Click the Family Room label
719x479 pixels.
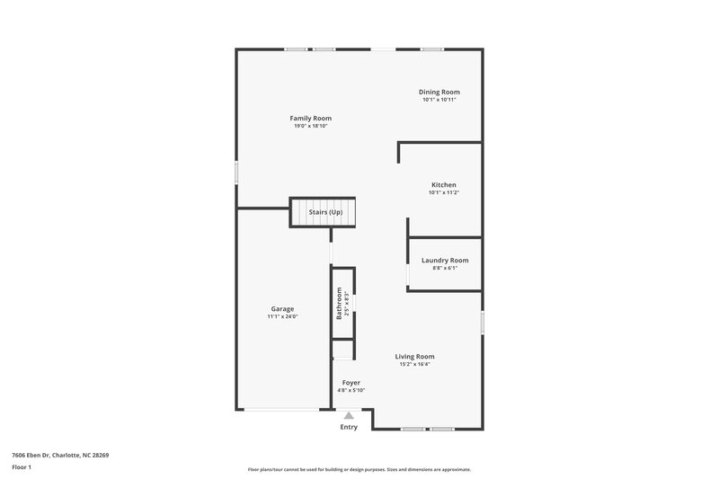click(x=310, y=119)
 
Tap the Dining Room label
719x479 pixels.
click(x=439, y=92)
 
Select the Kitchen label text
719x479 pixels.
click(x=443, y=185)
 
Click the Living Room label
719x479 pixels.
click(x=414, y=357)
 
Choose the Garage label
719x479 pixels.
click(x=282, y=309)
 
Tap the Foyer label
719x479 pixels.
click(x=351, y=383)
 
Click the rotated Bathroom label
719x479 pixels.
click(x=340, y=303)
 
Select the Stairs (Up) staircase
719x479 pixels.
click(x=322, y=212)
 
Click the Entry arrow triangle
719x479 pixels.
click(x=349, y=415)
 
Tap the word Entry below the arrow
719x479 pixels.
click(x=349, y=427)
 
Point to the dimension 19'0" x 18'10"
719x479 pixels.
click(x=310, y=127)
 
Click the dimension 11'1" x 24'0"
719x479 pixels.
click(x=282, y=317)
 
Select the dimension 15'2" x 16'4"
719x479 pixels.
click(x=414, y=365)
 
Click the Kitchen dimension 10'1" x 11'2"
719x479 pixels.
click(x=443, y=193)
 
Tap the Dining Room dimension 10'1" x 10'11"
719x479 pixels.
click(x=439, y=100)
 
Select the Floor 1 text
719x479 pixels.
click(x=22, y=468)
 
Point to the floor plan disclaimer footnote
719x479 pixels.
click(x=359, y=469)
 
